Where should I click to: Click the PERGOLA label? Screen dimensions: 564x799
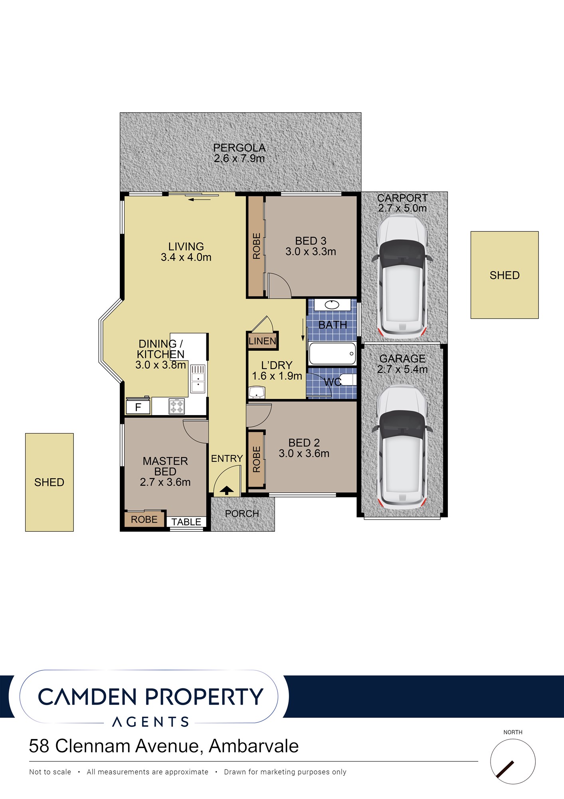point(239,147)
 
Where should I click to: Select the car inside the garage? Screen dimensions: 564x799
point(402,447)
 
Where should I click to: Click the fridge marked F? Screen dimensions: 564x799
point(138,407)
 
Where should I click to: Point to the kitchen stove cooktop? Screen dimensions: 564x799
point(177,406)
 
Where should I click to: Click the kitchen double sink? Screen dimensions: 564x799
point(198,378)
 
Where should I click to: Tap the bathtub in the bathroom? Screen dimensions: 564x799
point(332,354)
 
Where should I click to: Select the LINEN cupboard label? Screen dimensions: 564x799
point(262,341)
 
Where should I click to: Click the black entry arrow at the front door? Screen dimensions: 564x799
point(227,490)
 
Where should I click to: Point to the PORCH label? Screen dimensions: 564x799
point(242,514)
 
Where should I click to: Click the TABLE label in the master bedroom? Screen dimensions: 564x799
point(186,522)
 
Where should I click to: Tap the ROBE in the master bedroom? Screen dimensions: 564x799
point(144,519)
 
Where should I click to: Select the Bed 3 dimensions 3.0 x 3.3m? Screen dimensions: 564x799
point(311,252)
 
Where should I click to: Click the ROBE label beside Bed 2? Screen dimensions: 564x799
point(257,459)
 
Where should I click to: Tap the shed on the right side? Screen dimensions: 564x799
point(505,275)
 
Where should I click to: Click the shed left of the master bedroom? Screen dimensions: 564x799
point(49,482)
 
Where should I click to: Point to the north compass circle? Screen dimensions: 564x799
point(513,761)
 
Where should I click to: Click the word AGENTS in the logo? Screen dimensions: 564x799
point(150,722)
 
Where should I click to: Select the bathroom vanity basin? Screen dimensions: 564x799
point(332,305)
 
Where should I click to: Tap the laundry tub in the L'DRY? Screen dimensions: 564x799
point(257,392)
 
